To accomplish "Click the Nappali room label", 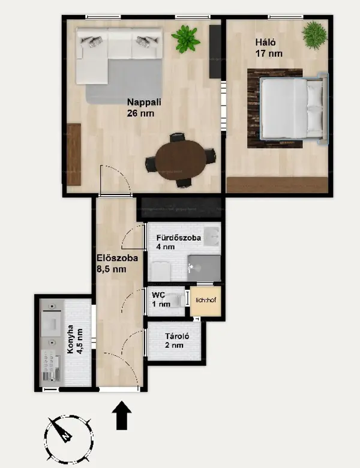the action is pyautogui.click(x=144, y=102).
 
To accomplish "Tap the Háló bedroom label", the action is pyautogui.click(x=265, y=42).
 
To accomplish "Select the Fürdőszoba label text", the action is pyautogui.click(x=179, y=238).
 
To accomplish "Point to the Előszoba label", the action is pyautogui.click(x=118, y=258).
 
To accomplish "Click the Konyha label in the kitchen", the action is pyautogui.click(x=70, y=340).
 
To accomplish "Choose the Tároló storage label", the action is pyautogui.click(x=177, y=337).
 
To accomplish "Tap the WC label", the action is pyautogui.click(x=158, y=295).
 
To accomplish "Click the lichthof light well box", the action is pyautogui.click(x=206, y=301).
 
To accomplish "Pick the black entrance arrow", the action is pyautogui.click(x=122, y=415).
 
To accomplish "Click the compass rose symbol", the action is pyautogui.click(x=68, y=437).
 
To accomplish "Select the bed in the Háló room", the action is pyautogui.click(x=293, y=109).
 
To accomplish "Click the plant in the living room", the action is pyautogui.click(x=185, y=39).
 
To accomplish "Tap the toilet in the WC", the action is pyautogui.click(x=175, y=301).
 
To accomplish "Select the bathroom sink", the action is pyautogui.click(x=212, y=236).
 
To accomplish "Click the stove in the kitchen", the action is pyautogui.click(x=52, y=366).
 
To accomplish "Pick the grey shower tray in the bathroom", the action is pyautogui.click(x=204, y=268).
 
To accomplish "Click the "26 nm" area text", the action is pyautogui.click(x=140, y=113).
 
